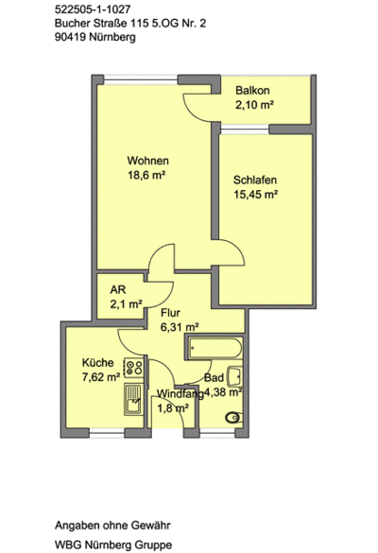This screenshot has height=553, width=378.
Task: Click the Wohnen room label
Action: (x=147, y=161)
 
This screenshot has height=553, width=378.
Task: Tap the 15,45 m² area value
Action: (x=256, y=195)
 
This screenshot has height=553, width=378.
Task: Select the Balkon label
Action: (x=252, y=91)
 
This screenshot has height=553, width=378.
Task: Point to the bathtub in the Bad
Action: (x=214, y=348)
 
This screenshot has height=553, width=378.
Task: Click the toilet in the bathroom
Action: (x=233, y=418)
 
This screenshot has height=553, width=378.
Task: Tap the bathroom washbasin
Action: (x=235, y=376)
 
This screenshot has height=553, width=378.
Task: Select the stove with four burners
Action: (x=133, y=367)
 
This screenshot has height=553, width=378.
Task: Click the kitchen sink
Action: (x=133, y=399)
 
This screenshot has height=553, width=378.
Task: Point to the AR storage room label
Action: (x=118, y=289)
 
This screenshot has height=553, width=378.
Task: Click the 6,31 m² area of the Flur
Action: (x=180, y=327)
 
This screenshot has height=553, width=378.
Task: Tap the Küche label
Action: (x=97, y=363)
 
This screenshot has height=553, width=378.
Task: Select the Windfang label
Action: (x=180, y=394)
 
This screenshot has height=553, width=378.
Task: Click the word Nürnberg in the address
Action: (x=112, y=37)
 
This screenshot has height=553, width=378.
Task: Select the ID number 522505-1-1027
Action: (x=93, y=9)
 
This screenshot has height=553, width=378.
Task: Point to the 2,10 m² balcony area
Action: (x=255, y=105)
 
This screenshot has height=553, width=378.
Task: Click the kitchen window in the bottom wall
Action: (x=107, y=433)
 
